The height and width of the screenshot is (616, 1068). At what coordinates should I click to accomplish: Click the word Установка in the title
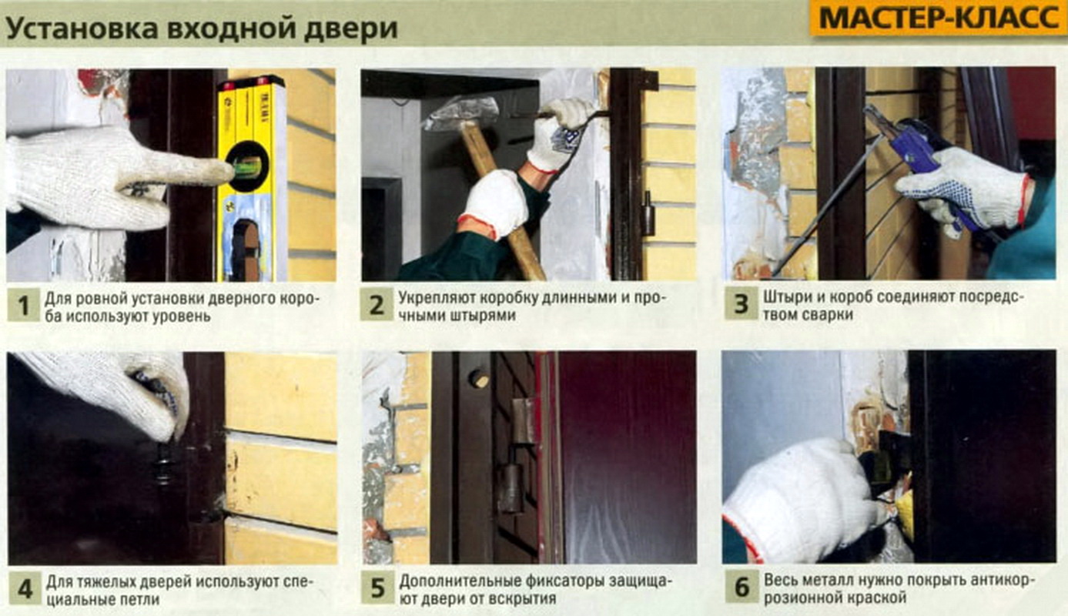point(82,28)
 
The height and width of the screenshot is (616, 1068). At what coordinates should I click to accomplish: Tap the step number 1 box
point(23,306)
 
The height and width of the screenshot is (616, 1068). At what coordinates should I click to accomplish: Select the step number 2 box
point(377,305)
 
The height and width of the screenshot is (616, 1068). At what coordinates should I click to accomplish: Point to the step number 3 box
point(741,303)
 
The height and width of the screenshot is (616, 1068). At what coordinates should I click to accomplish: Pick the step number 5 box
point(377,588)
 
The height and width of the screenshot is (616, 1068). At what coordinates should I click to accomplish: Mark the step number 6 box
point(742,587)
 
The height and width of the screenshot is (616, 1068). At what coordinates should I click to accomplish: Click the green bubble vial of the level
point(247,166)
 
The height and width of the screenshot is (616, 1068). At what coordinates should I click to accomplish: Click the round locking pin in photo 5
point(479,379)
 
